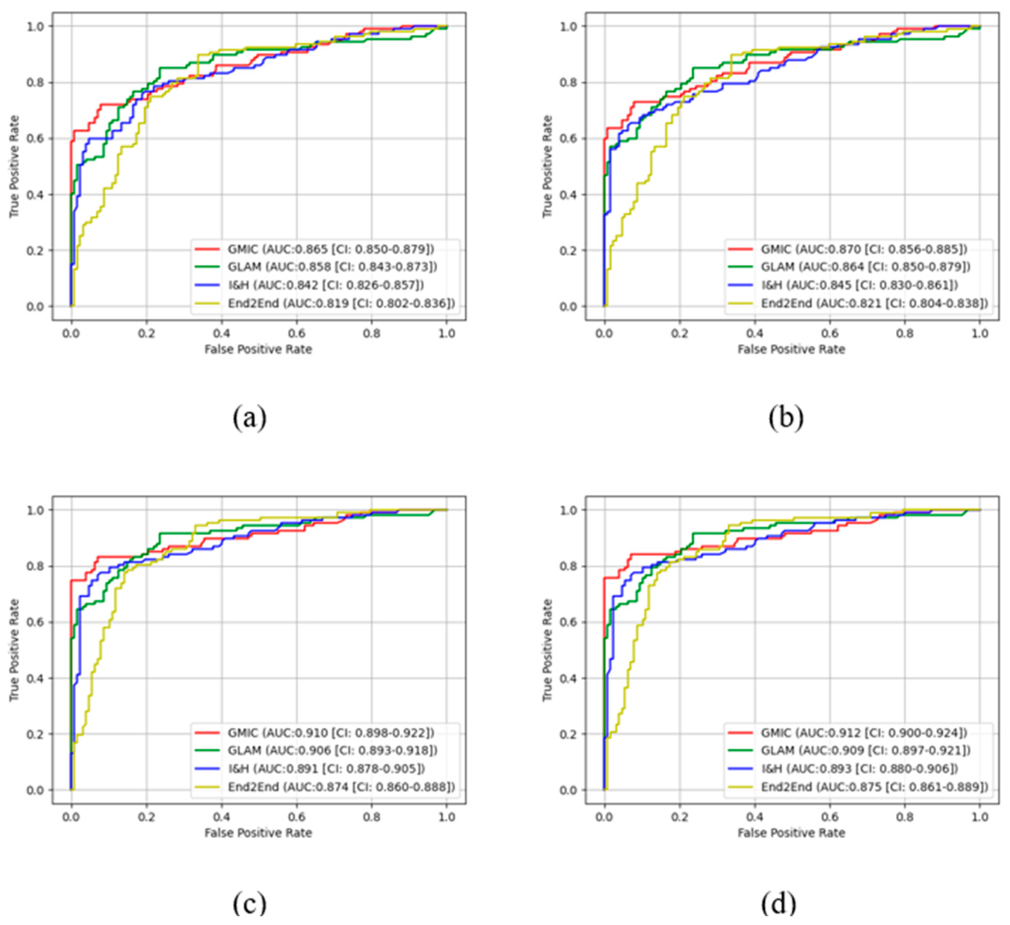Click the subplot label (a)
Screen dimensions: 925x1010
tap(250, 418)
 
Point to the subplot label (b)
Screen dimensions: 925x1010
tap(786, 418)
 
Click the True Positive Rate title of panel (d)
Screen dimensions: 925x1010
tap(547, 650)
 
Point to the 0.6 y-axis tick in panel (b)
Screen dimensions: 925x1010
tap(569, 138)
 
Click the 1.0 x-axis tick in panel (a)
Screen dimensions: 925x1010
tap(447, 333)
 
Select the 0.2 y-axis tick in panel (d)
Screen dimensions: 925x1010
tap(569, 734)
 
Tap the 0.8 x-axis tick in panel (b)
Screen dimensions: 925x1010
tap(905, 333)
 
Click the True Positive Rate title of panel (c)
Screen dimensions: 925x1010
tap(14, 650)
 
